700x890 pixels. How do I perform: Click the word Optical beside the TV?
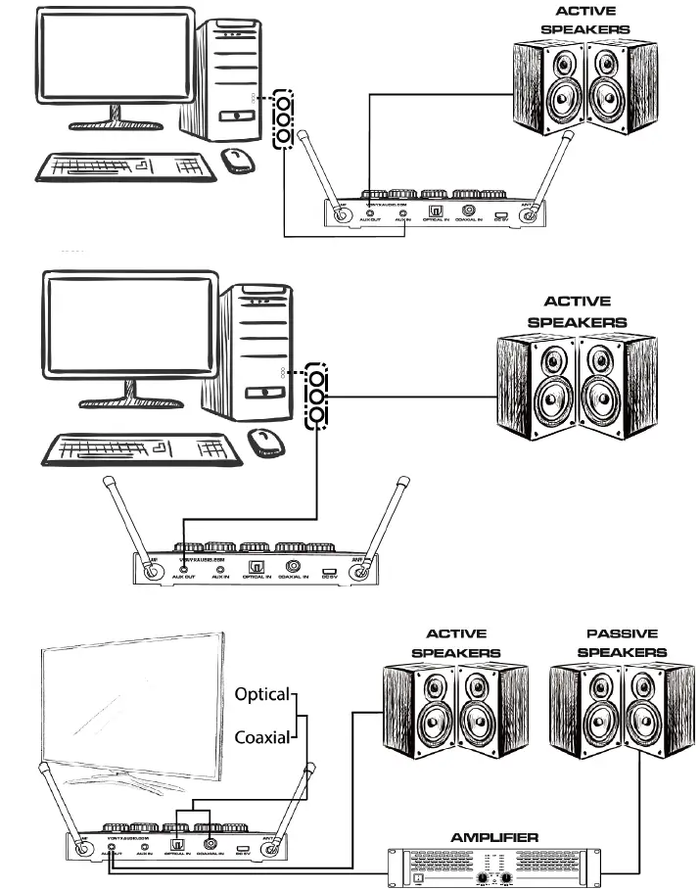(261, 694)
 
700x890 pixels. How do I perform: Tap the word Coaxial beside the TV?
(261, 736)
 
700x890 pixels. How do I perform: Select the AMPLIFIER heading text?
(494, 837)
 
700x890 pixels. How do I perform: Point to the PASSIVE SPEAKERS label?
(622, 643)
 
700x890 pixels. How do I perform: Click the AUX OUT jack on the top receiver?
(369, 211)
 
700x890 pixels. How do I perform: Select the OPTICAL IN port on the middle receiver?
(258, 566)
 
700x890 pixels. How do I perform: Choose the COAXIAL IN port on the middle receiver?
(293, 566)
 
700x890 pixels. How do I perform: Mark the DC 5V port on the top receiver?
(500, 212)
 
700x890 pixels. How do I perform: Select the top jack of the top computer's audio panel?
(284, 102)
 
